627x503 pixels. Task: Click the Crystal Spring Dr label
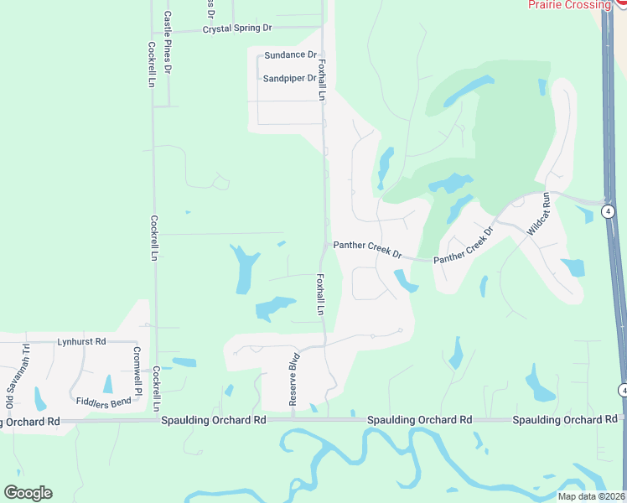click(x=238, y=29)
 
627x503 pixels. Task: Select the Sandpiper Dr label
click(x=289, y=79)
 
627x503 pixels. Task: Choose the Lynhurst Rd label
click(x=81, y=342)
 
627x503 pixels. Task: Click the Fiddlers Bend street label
click(x=102, y=402)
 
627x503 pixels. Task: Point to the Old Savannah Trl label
click(x=11, y=386)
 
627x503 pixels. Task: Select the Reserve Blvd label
click(x=293, y=385)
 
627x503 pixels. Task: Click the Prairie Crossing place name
click(x=569, y=5)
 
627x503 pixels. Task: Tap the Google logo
click(x=28, y=493)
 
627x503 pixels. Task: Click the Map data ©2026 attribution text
click(x=589, y=496)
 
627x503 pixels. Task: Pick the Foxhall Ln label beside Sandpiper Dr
click(x=321, y=75)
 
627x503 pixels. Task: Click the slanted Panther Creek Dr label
click(x=464, y=245)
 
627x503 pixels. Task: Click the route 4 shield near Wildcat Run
click(x=609, y=211)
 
